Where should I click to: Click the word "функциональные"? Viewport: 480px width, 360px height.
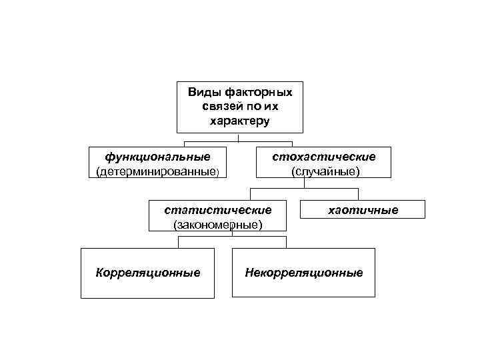click(x=157, y=157)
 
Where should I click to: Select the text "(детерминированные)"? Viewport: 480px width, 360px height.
click(x=157, y=172)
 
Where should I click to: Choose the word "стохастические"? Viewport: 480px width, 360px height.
click(x=325, y=157)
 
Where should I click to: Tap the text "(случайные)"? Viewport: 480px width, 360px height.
click(x=325, y=172)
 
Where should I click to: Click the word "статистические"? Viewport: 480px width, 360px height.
click(x=218, y=209)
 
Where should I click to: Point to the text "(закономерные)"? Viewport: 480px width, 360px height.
click(x=218, y=224)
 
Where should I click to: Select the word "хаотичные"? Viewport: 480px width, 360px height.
click(x=363, y=211)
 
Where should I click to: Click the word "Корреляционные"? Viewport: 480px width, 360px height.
click(x=147, y=273)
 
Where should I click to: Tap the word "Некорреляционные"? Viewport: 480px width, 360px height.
click(x=303, y=273)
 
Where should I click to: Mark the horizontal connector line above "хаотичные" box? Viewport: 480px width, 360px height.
click(x=333, y=189)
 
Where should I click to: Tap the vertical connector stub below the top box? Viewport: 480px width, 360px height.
click(x=239, y=137)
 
